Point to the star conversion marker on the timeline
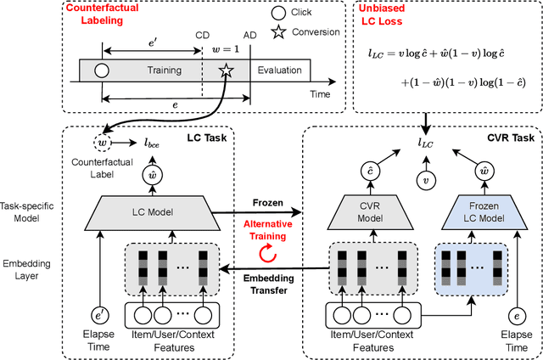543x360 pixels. coord(227,71)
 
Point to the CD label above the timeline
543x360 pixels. coord(202,36)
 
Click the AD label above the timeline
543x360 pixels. coord(249,36)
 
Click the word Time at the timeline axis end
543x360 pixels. coord(319,93)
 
